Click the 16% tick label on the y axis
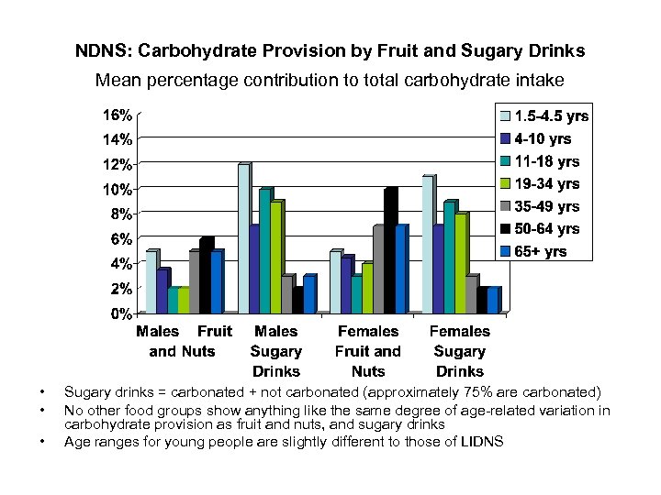coord(116,115)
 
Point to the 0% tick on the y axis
coord(119,313)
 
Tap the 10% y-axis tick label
coord(116,190)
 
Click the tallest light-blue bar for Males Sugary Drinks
coord(243,238)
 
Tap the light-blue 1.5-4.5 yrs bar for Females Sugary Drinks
coord(427,244)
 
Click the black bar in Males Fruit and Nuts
coord(206,275)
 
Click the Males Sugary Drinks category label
coord(275,351)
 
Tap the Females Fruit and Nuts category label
coord(367,351)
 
